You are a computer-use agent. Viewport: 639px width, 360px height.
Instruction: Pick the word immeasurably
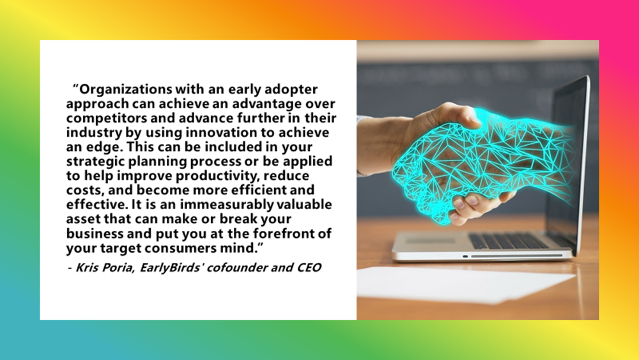tap(227, 205)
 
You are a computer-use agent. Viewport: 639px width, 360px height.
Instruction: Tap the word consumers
tap(180, 248)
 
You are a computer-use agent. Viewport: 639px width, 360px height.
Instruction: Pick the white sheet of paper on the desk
tap(465, 285)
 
